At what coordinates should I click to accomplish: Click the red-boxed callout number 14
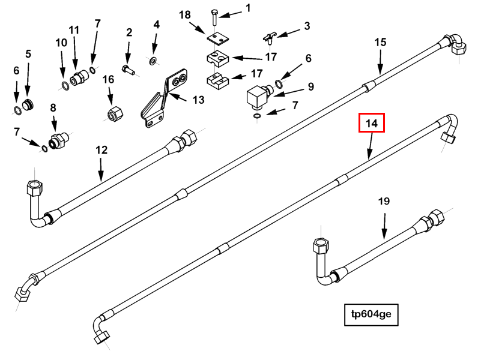point(371,124)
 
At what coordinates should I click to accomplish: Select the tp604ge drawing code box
point(371,314)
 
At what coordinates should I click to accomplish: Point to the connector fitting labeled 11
point(77,78)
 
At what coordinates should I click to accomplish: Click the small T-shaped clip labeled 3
point(270,40)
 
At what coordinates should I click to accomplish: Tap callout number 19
point(384,201)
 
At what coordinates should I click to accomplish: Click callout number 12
point(101,150)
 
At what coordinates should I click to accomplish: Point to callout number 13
point(198,100)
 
